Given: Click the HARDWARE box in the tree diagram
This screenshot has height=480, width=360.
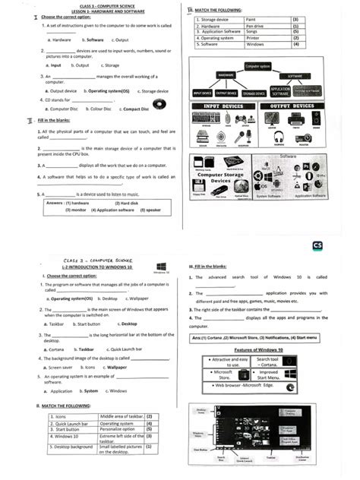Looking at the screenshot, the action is (x=226, y=76).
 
